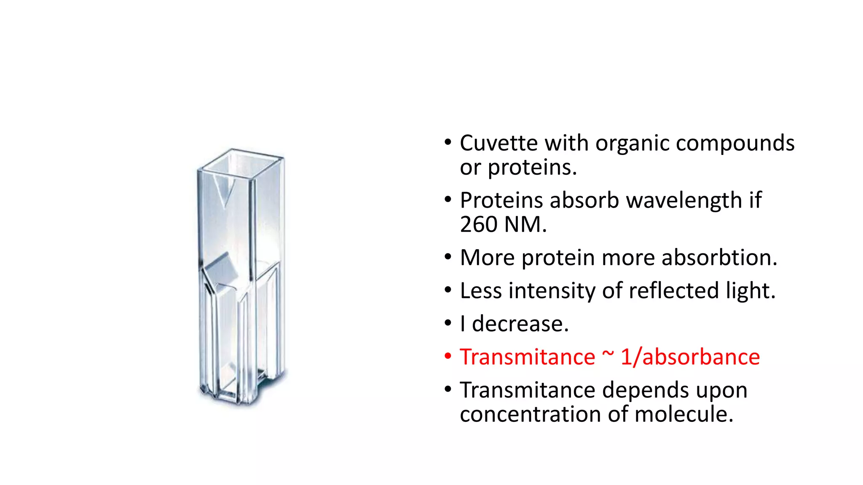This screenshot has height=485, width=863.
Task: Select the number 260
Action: [x=478, y=224]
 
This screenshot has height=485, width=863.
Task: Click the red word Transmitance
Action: [x=527, y=357]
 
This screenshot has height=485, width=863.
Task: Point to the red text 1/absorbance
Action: [x=690, y=357]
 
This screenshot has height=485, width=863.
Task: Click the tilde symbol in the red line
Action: [x=608, y=354]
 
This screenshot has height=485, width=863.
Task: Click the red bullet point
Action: [x=448, y=357]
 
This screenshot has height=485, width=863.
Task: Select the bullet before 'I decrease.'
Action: [x=448, y=323]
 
